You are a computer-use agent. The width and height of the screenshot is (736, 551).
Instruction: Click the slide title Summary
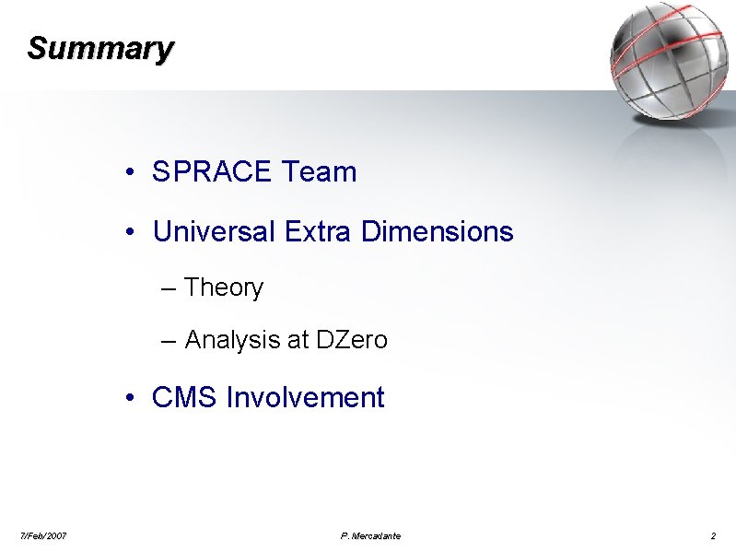[x=100, y=48]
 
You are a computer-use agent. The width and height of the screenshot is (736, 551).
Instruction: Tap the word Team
[x=320, y=171]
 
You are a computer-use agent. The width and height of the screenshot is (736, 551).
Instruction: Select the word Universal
[x=214, y=231]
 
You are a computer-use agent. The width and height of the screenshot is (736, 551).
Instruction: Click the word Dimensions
[x=438, y=231]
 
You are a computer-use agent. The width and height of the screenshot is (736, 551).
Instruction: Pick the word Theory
[x=224, y=287]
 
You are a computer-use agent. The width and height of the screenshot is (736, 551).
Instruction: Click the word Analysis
[x=233, y=340]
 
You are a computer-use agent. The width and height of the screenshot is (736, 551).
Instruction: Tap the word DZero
[x=352, y=340]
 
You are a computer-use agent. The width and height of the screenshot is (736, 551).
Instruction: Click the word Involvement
[x=305, y=398]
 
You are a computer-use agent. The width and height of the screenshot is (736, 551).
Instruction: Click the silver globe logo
[x=668, y=61]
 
